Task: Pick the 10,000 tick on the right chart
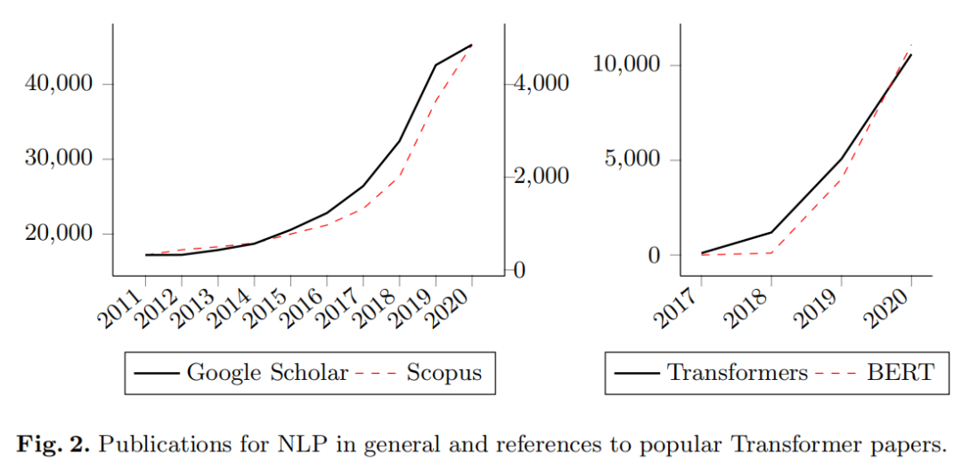(630, 65)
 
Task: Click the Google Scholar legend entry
(241, 373)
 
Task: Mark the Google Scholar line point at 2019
(436, 64)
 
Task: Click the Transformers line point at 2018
(771, 232)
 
